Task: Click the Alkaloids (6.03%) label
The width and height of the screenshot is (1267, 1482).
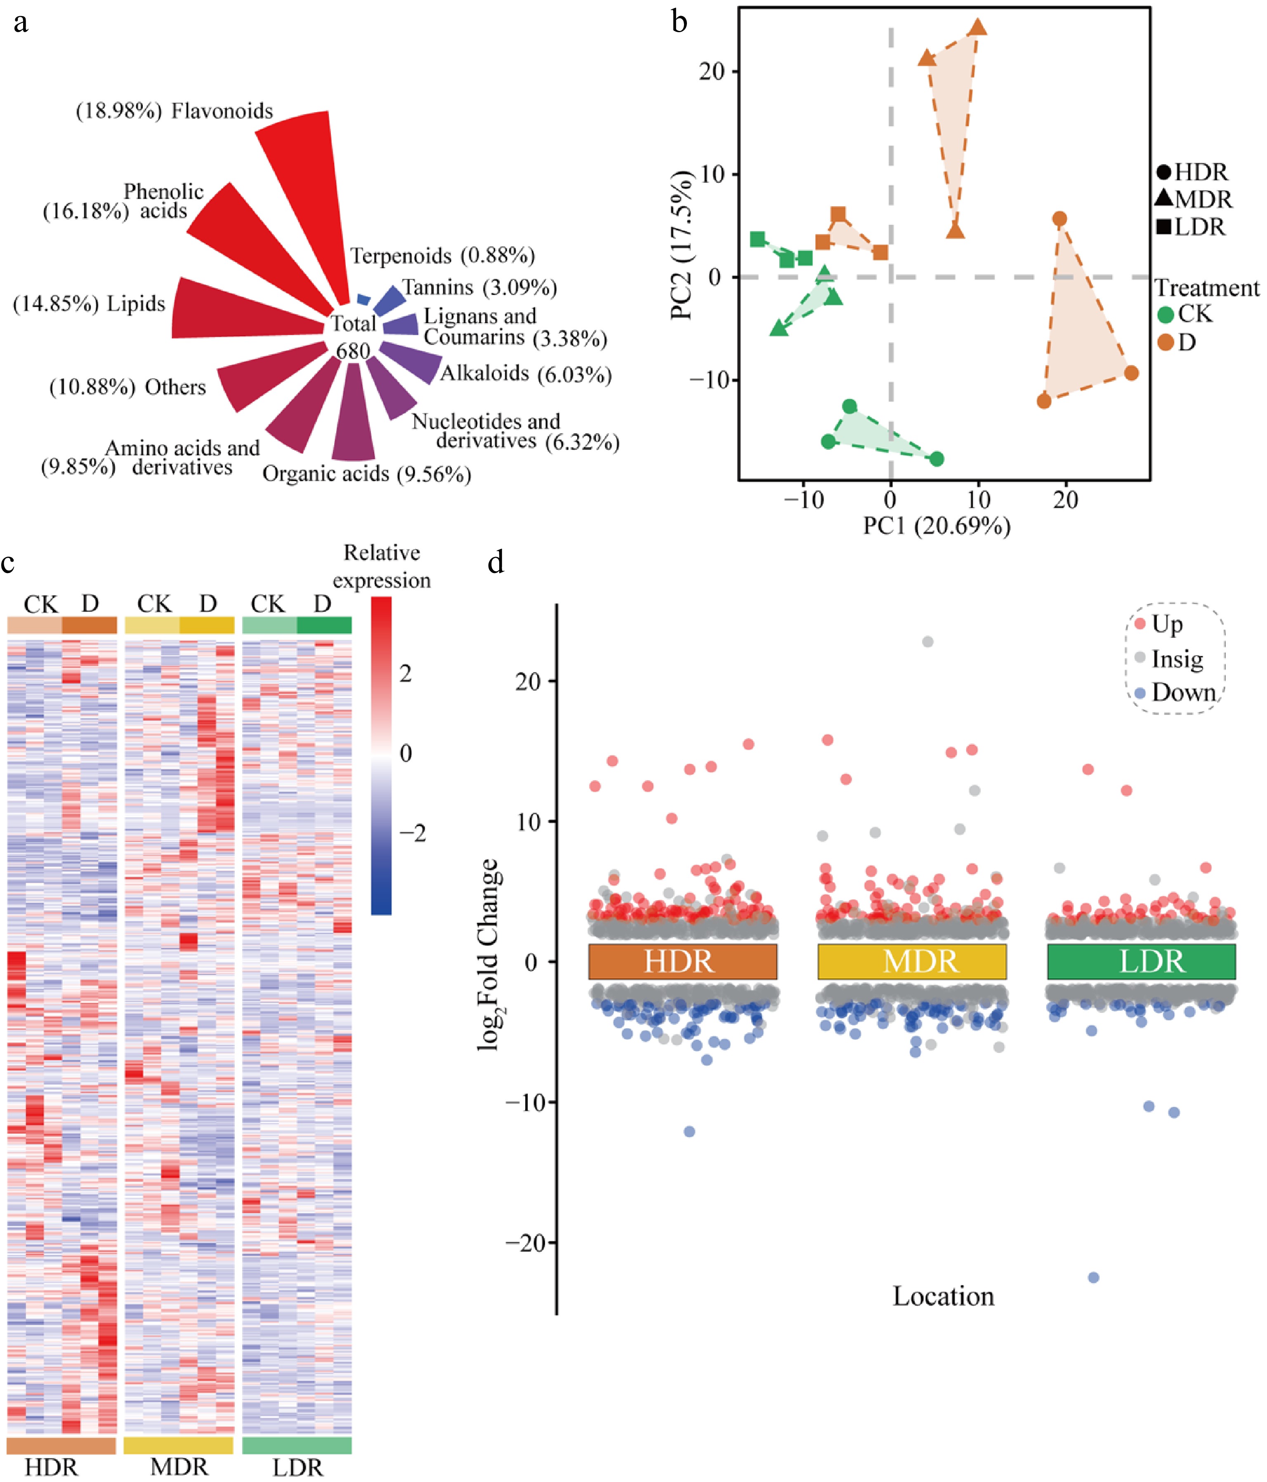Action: (x=525, y=373)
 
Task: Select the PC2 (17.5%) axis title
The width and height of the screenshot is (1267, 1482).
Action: (x=682, y=245)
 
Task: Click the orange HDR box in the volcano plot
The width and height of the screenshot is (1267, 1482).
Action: (x=682, y=961)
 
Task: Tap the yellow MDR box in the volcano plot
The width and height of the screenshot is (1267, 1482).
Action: (x=912, y=961)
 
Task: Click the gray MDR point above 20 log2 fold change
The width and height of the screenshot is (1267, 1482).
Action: (x=927, y=642)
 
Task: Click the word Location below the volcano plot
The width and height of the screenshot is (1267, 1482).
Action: (x=943, y=1296)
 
